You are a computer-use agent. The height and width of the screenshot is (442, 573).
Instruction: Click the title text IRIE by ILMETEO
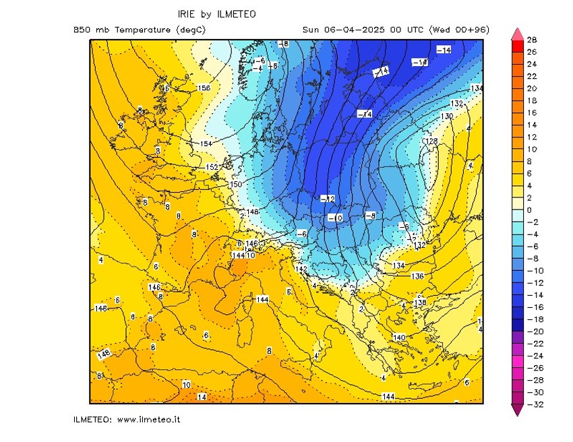click(x=216, y=13)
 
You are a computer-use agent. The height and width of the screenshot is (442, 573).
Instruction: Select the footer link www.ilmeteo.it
click(x=148, y=420)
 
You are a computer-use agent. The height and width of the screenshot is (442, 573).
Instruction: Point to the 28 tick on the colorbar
click(x=531, y=40)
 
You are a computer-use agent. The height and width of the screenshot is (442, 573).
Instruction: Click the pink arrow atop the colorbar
click(x=517, y=34)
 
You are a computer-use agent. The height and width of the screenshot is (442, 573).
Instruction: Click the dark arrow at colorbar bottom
click(x=517, y=410)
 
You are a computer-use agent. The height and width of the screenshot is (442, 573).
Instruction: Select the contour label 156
click(x=204, y=88)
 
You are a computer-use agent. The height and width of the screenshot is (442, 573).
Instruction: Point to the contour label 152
click(x=212, y=167)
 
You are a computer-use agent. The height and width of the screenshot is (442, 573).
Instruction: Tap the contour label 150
click(x=235, y=185)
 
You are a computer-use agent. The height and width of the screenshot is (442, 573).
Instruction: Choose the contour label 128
click(x=431, y=141)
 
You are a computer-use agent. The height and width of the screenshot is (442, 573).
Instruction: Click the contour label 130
click(x=446, y=117)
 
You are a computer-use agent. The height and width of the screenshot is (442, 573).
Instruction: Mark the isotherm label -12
click(x=328, y=198)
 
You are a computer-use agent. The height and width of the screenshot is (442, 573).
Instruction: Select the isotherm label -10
click(x=335, y=218)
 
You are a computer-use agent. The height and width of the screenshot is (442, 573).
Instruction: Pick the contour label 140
click(x=398, y=337)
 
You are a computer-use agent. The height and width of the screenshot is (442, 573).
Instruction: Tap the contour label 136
click(x=417, y=276)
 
